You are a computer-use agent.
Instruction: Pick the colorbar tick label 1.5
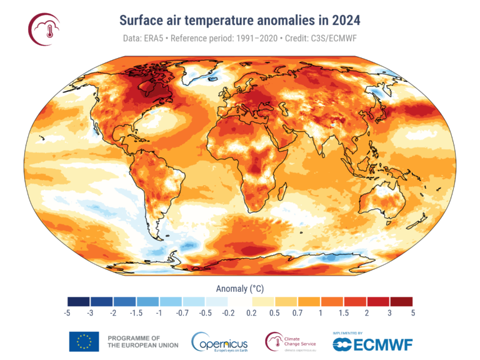343,312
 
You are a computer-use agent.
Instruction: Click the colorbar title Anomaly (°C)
240,288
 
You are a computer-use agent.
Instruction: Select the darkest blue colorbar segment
79,301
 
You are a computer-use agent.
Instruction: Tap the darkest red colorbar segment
400,301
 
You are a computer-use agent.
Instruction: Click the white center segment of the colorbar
240,301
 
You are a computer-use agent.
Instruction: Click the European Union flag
83,341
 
